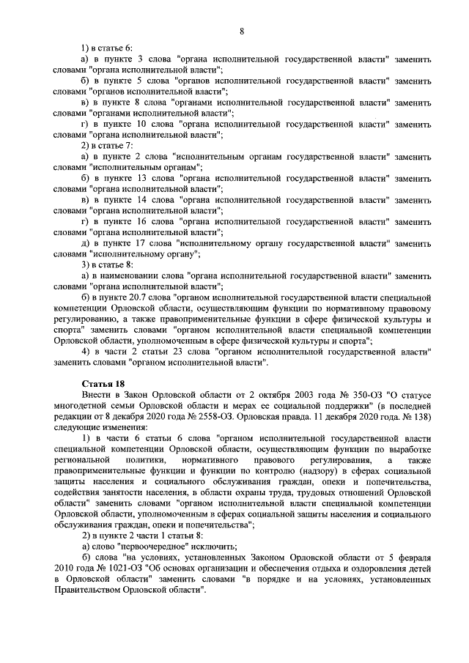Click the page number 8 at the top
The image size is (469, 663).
pyautogui.click(x=241, y=30)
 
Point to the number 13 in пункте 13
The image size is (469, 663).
pyautogui.click(x=141, y=178)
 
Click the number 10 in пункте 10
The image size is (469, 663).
pyautogui.click(x=141, y=125)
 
